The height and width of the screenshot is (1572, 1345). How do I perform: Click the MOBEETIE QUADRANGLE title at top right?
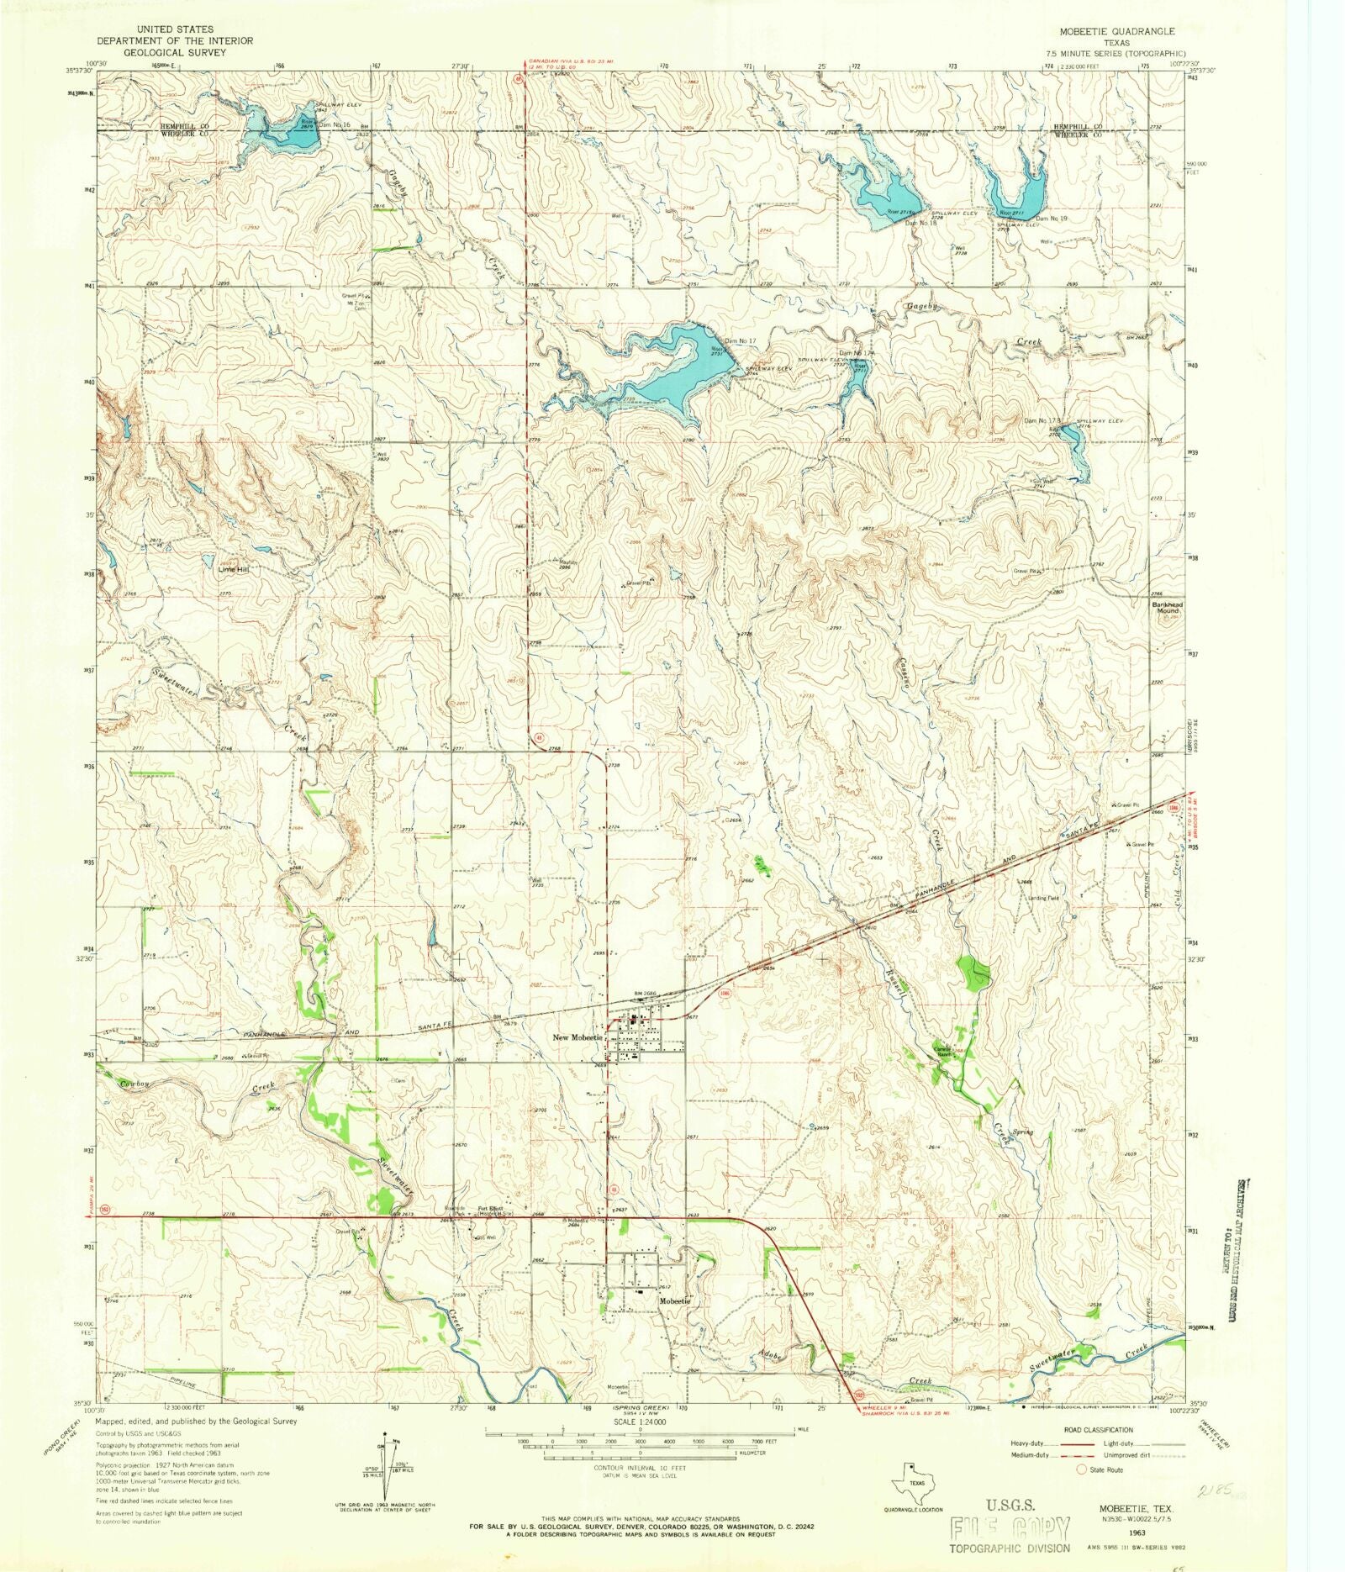(1117, 31)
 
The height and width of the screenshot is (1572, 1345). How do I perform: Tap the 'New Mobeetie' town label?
(577, 1037)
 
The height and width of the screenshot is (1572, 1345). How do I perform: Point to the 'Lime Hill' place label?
(234, 569)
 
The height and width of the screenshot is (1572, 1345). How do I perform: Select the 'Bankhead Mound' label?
(1167, 608)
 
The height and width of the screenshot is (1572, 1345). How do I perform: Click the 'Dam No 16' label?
(334, 124)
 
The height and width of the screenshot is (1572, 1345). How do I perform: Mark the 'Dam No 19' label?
(1051, 219)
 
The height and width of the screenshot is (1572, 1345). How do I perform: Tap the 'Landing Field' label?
(1042, 898)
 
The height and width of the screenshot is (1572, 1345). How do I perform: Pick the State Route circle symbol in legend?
(1081, 1469)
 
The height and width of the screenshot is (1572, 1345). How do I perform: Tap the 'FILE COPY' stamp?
(1010, 1527)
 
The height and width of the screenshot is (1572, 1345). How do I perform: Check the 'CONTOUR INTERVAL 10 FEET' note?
(640, 1468)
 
